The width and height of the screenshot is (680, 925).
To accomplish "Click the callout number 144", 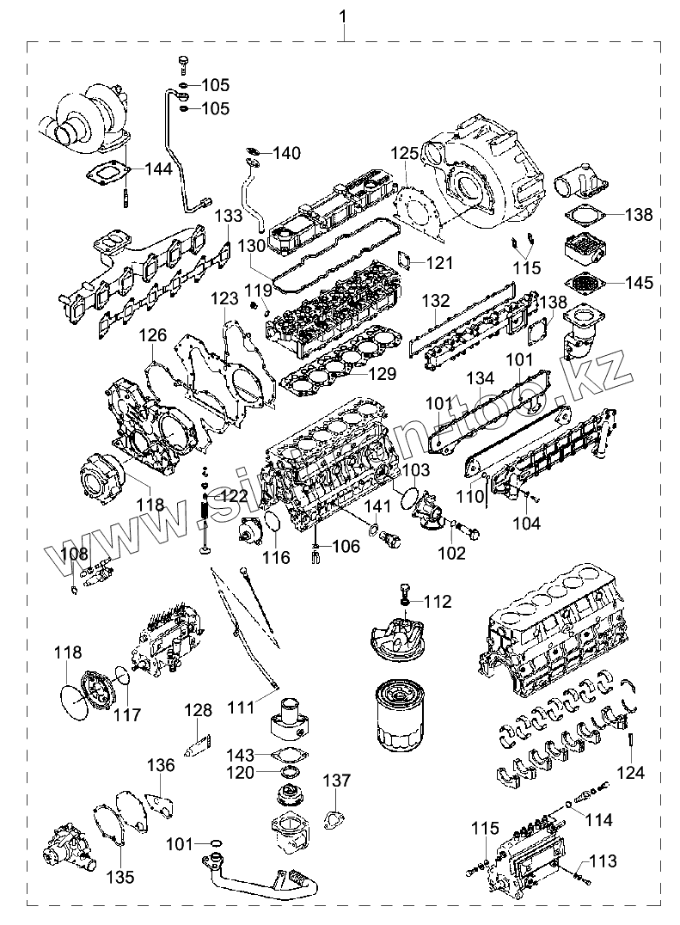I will point(158,168).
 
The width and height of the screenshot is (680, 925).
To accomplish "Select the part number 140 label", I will point(287,153).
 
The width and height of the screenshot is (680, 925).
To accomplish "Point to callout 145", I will point(639,282).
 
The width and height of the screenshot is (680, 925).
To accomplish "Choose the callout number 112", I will point(437,602).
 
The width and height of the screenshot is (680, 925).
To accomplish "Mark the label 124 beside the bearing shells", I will point(630,773).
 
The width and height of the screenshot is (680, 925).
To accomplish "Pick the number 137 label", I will point(337,781).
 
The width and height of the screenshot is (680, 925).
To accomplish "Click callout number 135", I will point(120,877).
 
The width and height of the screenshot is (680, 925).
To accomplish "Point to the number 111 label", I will point(242,707).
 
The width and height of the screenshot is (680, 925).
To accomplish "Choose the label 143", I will point(242,755).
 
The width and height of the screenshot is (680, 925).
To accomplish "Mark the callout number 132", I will point(436,301).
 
